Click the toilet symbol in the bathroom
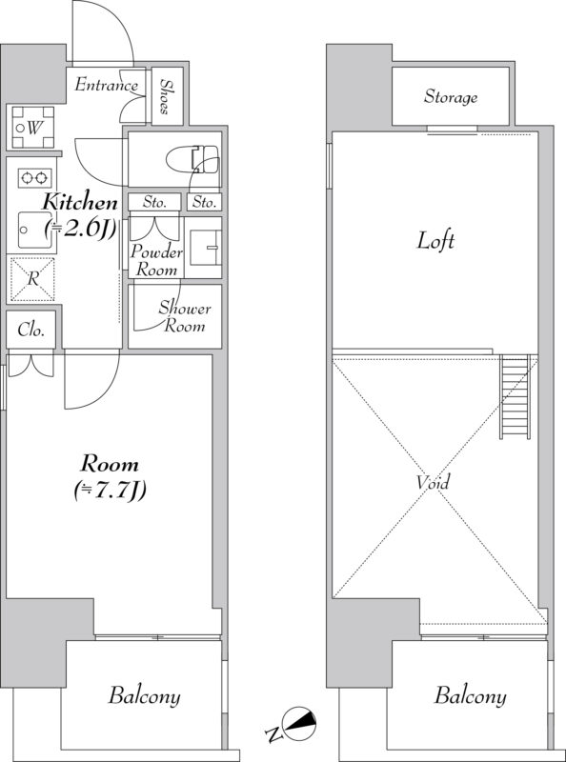click(x=193, y=158)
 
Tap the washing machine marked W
click(x=33, y=128)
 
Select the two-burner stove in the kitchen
click(x=35, y=177)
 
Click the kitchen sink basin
click(x=36, y=231)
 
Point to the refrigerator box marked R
click(x=32, y=279)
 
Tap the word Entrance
click(x=106, y=85)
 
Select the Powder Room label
click(x=156, y=260)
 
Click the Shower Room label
click(x=185, y=316)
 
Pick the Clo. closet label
click(x=31, y=331)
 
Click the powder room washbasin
click(x=205, y=248)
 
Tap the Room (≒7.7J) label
click(x=110, y=477)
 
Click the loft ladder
click(x=515, y=396)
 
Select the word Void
click(x=433, y=482)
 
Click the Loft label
click(x=435, y=241)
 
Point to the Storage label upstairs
click(x=451, y=97)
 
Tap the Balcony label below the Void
click(x=470, y=696)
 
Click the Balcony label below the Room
click(x=145, y=696)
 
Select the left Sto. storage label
click(x=154, y=202)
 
